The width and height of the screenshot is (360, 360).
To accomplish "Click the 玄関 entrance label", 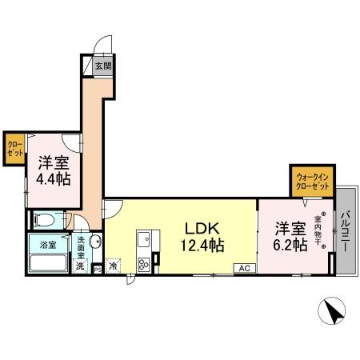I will (103, 66).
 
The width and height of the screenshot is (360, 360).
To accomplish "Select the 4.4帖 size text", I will (53, 178).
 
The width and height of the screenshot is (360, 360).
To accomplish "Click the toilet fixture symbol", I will (47, 218).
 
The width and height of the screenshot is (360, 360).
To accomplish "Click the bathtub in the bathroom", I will (48, 260).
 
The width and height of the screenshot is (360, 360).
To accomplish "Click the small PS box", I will (98, 270).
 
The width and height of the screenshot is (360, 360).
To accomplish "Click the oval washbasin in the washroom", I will (95, 243).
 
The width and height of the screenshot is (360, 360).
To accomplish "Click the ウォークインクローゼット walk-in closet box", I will (312, 179).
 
